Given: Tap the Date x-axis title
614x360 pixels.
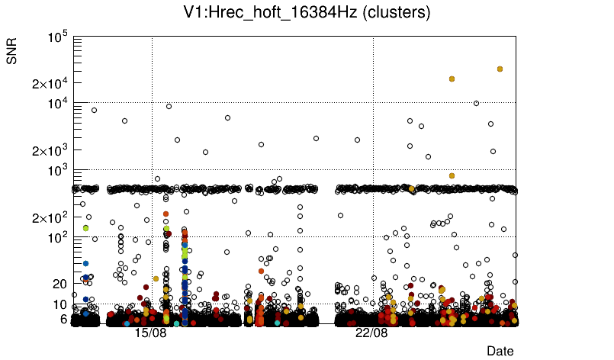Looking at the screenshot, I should pos(500,351).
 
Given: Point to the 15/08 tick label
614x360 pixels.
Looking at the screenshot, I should pos(150,333).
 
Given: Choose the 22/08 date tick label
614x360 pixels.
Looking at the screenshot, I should pos(371,333).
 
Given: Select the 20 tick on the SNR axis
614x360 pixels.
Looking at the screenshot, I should pos(61,284).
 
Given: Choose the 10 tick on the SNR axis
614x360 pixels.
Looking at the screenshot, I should pos(61,304).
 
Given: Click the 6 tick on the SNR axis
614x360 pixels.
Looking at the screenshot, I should pos(64,319).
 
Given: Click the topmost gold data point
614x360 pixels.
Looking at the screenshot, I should pos(500,69).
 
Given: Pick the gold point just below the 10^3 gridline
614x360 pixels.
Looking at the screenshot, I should pos(452,175).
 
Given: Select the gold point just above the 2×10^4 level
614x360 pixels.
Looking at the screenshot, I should pos(452,79).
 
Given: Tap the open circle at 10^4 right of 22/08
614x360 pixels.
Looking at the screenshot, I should pos(476,103).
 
